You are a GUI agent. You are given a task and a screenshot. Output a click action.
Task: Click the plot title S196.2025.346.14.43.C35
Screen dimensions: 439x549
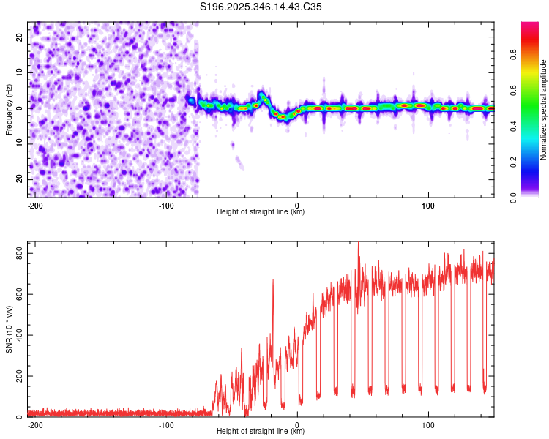point(261,7)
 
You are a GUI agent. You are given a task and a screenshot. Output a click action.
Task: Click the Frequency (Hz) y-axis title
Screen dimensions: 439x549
point(9,109)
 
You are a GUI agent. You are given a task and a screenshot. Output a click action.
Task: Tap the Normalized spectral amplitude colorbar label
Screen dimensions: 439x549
point(544,109)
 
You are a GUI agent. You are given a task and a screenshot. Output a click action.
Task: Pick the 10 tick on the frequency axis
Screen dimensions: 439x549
point(20,72)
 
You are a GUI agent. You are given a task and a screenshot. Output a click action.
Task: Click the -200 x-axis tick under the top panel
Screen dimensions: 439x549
point(35,205)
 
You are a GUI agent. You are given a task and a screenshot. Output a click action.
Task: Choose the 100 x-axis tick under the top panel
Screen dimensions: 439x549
point(428,205)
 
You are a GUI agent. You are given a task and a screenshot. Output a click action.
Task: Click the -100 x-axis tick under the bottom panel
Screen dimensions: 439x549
point(166,424)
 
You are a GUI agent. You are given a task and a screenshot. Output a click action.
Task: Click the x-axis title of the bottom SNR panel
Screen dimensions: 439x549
point(261,432)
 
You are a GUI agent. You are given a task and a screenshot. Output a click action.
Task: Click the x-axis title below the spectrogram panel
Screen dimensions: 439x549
point(261,212)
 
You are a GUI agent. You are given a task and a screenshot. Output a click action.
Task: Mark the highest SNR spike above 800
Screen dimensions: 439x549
point(358,244)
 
